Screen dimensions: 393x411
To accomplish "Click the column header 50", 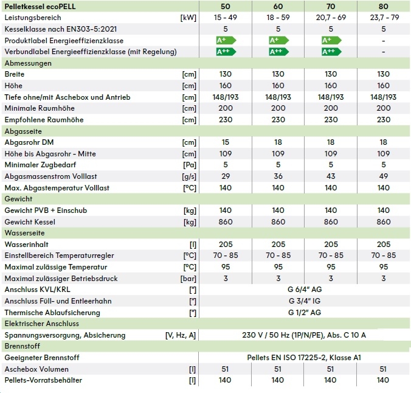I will click(x=225, y=5).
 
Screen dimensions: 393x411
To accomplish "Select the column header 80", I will click(x=383, y=5).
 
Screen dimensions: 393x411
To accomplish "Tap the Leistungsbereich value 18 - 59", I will click(x=278, y=17).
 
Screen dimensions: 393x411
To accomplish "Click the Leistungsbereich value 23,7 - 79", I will click(x=383, y=17).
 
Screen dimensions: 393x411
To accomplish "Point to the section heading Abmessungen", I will click(x=24, y=63).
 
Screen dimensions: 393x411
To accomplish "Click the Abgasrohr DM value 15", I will click(x=225, y=142).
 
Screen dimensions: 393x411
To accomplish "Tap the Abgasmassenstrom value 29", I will click(x=225, y=176).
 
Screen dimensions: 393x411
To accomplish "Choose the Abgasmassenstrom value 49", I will click(x=383, y=176).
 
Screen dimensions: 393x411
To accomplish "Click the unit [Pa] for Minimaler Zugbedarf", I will click(x=189, y=165).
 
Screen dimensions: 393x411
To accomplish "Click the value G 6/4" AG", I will click(x=304, y=290).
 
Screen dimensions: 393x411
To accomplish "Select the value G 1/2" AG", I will click(x=304, y=313).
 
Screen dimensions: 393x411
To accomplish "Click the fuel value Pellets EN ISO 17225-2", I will click(x=304, y=358).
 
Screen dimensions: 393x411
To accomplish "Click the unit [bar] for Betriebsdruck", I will click(x=188, y=279).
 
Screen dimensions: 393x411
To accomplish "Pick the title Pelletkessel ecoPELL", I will click(x=41, y=5).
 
